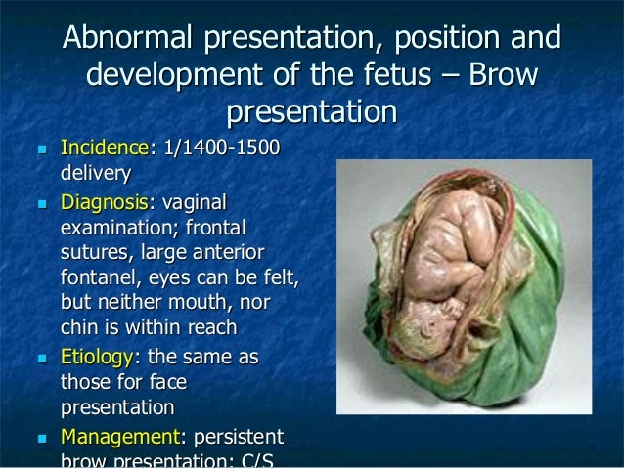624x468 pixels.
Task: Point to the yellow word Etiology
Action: tap(101, 358)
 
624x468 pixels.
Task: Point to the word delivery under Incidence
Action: tap(96, 174)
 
